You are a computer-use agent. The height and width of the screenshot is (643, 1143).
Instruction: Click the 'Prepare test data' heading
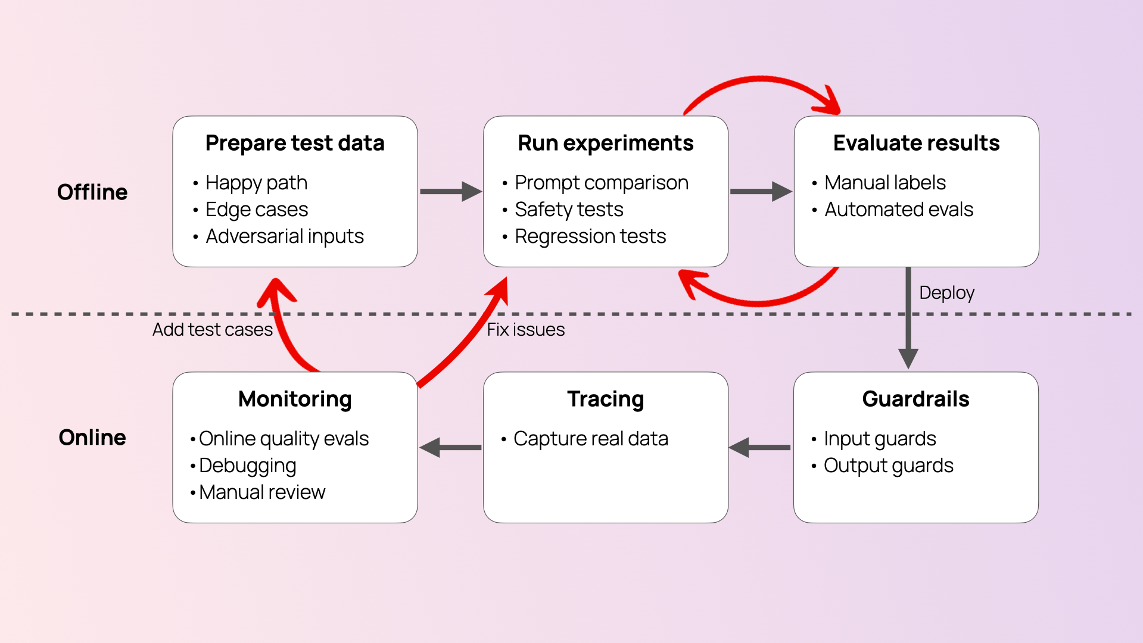(x=295, y=143)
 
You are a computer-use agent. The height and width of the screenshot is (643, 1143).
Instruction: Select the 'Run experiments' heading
(x=605, y=143)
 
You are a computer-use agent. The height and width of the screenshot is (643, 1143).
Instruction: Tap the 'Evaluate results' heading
(x=916, y=143)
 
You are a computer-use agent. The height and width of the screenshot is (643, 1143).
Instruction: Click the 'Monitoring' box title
(x=295, y=399)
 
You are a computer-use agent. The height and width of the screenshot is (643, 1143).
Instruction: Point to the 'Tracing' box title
(x=605, y=399)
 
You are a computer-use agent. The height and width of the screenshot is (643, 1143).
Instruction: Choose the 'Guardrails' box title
(x=915, y=399)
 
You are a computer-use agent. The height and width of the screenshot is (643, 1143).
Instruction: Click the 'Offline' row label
(x=92, y=192)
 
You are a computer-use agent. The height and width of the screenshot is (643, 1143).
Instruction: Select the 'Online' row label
(x=92, y=438)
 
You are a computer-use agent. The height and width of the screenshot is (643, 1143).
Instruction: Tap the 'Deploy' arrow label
(x=946, y=293)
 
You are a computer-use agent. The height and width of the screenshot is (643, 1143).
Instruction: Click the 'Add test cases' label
(x=212, y=329)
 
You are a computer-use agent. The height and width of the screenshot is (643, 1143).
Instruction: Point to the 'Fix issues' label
(x=525, y=329)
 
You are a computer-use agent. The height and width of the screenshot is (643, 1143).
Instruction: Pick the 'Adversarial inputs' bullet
(x=285, y=236)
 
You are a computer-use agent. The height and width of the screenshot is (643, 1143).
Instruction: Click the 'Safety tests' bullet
(x=569, y=210)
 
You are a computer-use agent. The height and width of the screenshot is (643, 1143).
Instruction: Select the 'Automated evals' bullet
(x=898, y=210)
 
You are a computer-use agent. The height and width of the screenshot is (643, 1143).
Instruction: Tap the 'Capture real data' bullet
(x=590, y=439)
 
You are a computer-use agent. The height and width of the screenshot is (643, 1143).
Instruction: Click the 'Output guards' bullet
(x=888, y=466)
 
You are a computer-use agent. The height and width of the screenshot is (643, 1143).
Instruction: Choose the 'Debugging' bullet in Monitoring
(x=247, y=466)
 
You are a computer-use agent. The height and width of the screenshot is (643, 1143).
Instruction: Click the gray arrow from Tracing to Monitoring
(x=450, y=447)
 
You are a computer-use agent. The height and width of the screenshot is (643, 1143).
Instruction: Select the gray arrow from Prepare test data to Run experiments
(x=450, y=192)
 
